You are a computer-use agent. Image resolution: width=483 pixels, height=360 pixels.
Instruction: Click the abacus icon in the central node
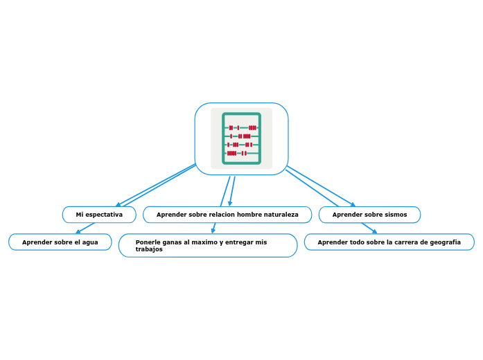click(241, 138)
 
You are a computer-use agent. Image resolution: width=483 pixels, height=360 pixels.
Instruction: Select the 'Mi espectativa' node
click(99, 215)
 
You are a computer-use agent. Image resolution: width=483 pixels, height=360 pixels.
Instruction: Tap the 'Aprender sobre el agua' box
click(60, 242)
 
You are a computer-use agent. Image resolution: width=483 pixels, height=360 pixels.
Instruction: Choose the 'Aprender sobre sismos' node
click(369, 215)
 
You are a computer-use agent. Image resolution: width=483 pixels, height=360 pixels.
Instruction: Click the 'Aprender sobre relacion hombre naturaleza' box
click(227, 215)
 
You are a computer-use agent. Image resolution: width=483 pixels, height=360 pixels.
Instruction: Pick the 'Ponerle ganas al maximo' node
click(208, 245)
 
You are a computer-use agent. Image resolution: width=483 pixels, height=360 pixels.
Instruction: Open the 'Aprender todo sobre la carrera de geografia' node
click(389, 242)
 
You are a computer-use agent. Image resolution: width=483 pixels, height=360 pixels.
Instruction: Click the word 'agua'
click(90, 242)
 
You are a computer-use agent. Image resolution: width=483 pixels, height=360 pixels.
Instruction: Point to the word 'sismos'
click(396, 215)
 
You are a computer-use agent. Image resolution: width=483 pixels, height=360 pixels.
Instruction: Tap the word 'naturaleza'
click(281, 215)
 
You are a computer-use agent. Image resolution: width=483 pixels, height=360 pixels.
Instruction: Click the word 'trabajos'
click(149, 249)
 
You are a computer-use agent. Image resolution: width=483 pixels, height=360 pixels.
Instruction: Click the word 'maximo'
click(204, 242)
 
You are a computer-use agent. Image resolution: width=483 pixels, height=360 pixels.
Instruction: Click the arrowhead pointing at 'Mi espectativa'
click(118, 206)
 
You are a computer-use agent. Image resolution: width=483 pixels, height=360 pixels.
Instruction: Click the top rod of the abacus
click(241, 127)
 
